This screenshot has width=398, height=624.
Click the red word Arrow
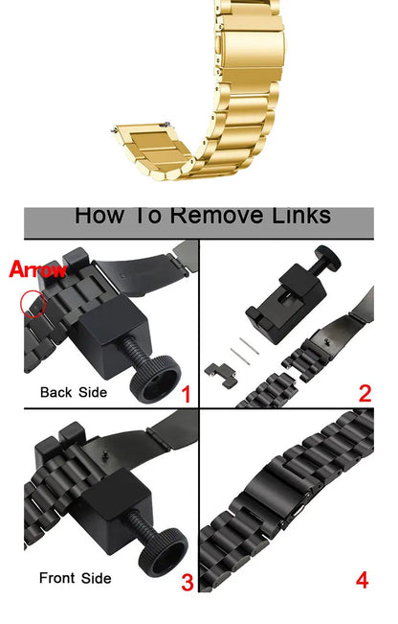pos(37,269)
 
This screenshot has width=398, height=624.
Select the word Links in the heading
pos(301,215)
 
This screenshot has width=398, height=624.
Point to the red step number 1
pos(186,395)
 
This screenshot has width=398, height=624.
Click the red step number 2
pos(365,394)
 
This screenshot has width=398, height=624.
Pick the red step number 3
pos(188,582)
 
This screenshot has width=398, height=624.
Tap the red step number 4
pos(362,580)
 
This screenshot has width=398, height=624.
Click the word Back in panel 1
pos(56,392)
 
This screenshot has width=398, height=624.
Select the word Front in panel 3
pos(57,578)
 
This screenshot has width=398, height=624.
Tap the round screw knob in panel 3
pos(164,553)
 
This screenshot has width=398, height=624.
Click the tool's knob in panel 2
pos(328,258)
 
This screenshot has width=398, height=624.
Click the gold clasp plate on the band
pos(252,49)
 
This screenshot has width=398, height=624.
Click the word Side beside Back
pos(93,392)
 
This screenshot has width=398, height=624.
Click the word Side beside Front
pos(97,578)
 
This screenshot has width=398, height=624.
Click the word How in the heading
pos(99,215)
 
